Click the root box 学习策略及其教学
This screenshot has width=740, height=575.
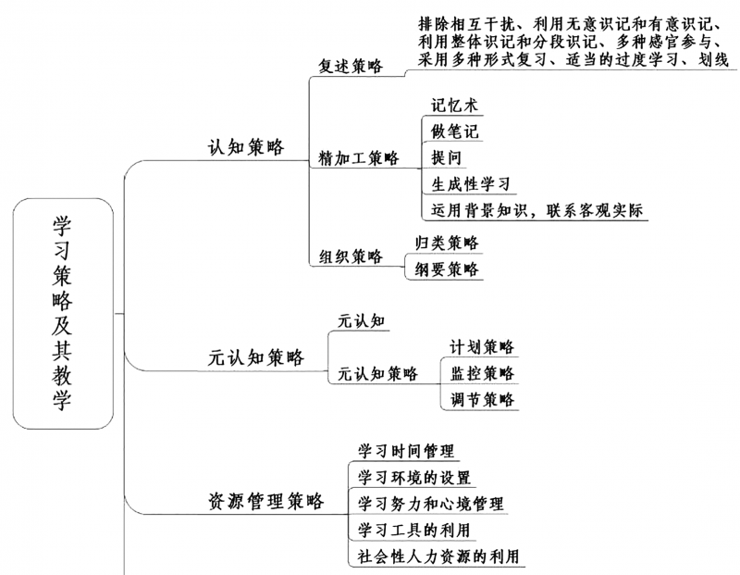[63, 313]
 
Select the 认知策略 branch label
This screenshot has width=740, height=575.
[246, 147]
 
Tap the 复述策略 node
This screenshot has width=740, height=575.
[351, 66]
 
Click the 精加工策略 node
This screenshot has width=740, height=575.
[358, 157]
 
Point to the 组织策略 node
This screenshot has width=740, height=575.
[351, 256]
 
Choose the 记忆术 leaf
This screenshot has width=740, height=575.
[454, 105]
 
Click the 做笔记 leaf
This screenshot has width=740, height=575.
[454, 131]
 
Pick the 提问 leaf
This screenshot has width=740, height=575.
[446, 157]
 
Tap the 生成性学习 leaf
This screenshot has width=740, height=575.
[470, 183]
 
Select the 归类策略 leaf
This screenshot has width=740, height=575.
[447, 243]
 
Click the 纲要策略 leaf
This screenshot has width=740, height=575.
[447, 269]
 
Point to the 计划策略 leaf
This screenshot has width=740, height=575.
[481, 347]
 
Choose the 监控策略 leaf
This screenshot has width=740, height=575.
[481, 373]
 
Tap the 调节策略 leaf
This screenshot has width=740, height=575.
[481, 400]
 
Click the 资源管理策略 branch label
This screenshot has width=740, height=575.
[265, 501]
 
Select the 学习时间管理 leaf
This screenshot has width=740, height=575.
[406, 451]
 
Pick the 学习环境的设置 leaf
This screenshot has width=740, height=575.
[413, 477]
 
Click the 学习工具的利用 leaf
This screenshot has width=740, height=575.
[413, 531]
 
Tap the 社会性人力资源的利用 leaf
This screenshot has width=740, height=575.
[438, 556]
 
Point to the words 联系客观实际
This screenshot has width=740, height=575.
[595, 210]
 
